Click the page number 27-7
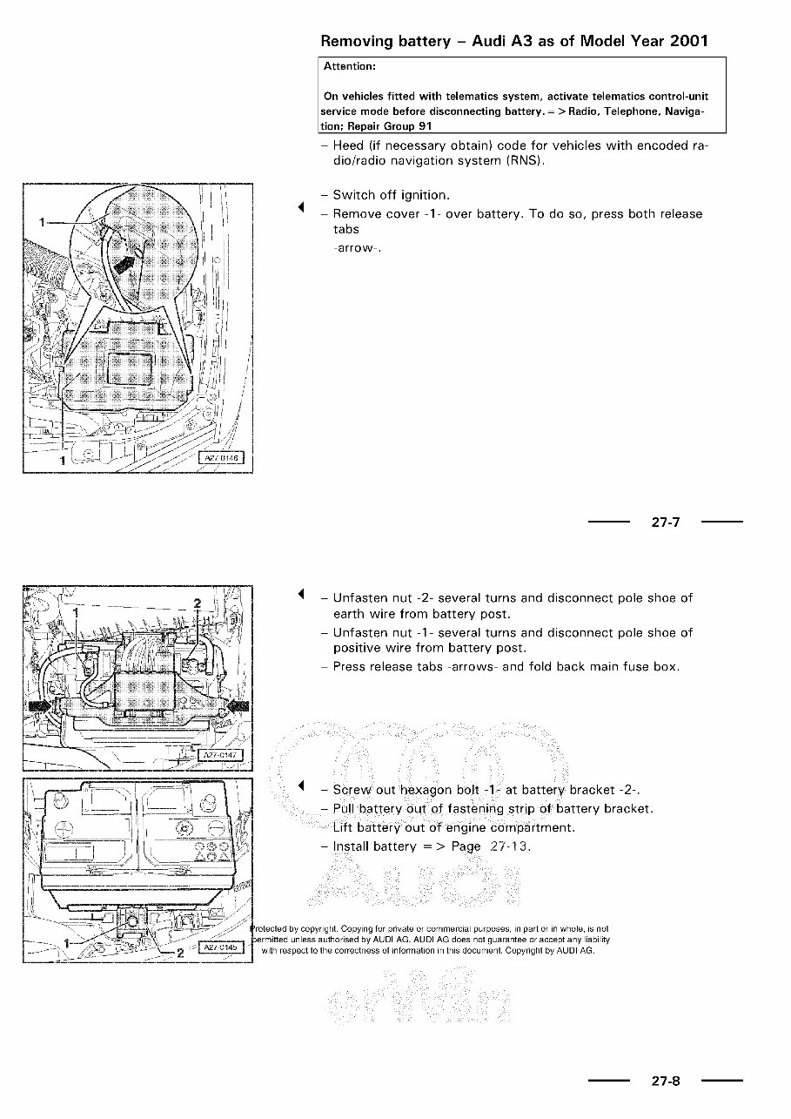[665, 522]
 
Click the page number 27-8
[665, 1082]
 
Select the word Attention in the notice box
[349, 66]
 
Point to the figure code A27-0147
[223, 754]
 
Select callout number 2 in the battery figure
[180, 953]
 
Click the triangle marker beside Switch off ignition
[300, 206]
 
